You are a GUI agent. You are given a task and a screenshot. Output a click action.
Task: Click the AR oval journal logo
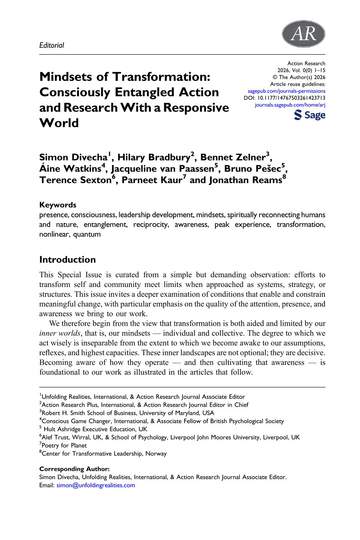tap(303, 34)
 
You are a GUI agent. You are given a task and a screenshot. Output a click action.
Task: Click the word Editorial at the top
tap(52, 45)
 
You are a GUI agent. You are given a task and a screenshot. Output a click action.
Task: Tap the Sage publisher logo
tap(310, 115)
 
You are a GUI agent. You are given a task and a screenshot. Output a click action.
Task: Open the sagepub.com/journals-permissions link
tap(287, 91)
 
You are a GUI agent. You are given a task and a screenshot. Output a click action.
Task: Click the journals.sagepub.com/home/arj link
tap(290, 105)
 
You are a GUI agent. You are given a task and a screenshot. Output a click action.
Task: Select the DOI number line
tap(285, 98)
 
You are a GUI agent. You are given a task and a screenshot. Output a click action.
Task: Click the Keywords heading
tap(58, 205)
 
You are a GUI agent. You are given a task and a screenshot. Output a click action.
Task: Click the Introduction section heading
tap(68, 260)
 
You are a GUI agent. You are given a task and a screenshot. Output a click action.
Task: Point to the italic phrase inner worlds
tap(60, 334)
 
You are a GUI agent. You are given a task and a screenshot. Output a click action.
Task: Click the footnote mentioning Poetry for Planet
tap(64, 445)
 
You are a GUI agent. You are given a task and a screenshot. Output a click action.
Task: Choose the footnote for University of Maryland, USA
tap(127, 413)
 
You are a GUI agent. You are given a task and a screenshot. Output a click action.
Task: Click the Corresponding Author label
tap(74, 469)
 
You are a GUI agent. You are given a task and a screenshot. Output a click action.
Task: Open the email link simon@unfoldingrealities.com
tap(96, 485)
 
